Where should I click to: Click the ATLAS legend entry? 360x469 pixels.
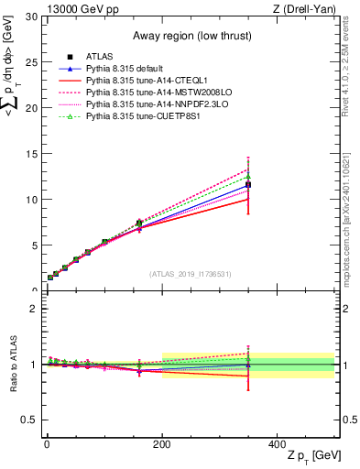100,57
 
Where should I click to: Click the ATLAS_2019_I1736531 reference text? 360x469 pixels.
190,274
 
